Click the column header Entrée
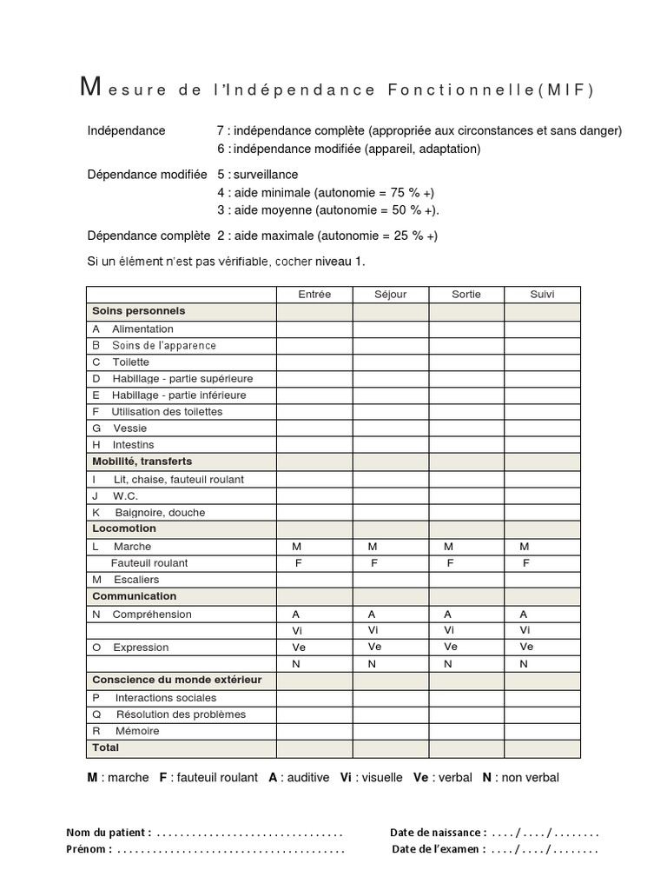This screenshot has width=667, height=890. (x=314, y=295)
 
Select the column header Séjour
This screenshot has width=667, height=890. (x=390, y=295)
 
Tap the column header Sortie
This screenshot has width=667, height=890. (x=466, y=295)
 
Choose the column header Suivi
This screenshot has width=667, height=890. (x=542, y=295)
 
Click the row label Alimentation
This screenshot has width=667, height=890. (x=142, y=329)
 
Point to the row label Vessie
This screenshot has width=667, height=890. (x=129, y=428)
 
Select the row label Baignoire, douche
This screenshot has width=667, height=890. (x=160, y=513)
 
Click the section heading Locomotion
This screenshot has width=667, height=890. (x=124, y=528)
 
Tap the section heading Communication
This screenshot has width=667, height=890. (x=134, y=596)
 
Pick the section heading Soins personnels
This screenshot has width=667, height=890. (x=138, y=311)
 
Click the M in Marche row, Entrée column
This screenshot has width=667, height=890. (x=297, y=547)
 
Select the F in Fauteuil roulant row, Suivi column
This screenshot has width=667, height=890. (x=525, y=563)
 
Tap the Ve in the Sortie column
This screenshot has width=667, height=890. (x=450, y=647)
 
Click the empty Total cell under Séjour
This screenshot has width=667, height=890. (x=390, y=748)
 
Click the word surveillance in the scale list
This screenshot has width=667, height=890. (x=265, y=175)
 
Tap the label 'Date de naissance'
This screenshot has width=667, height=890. (x=437, y=833)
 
